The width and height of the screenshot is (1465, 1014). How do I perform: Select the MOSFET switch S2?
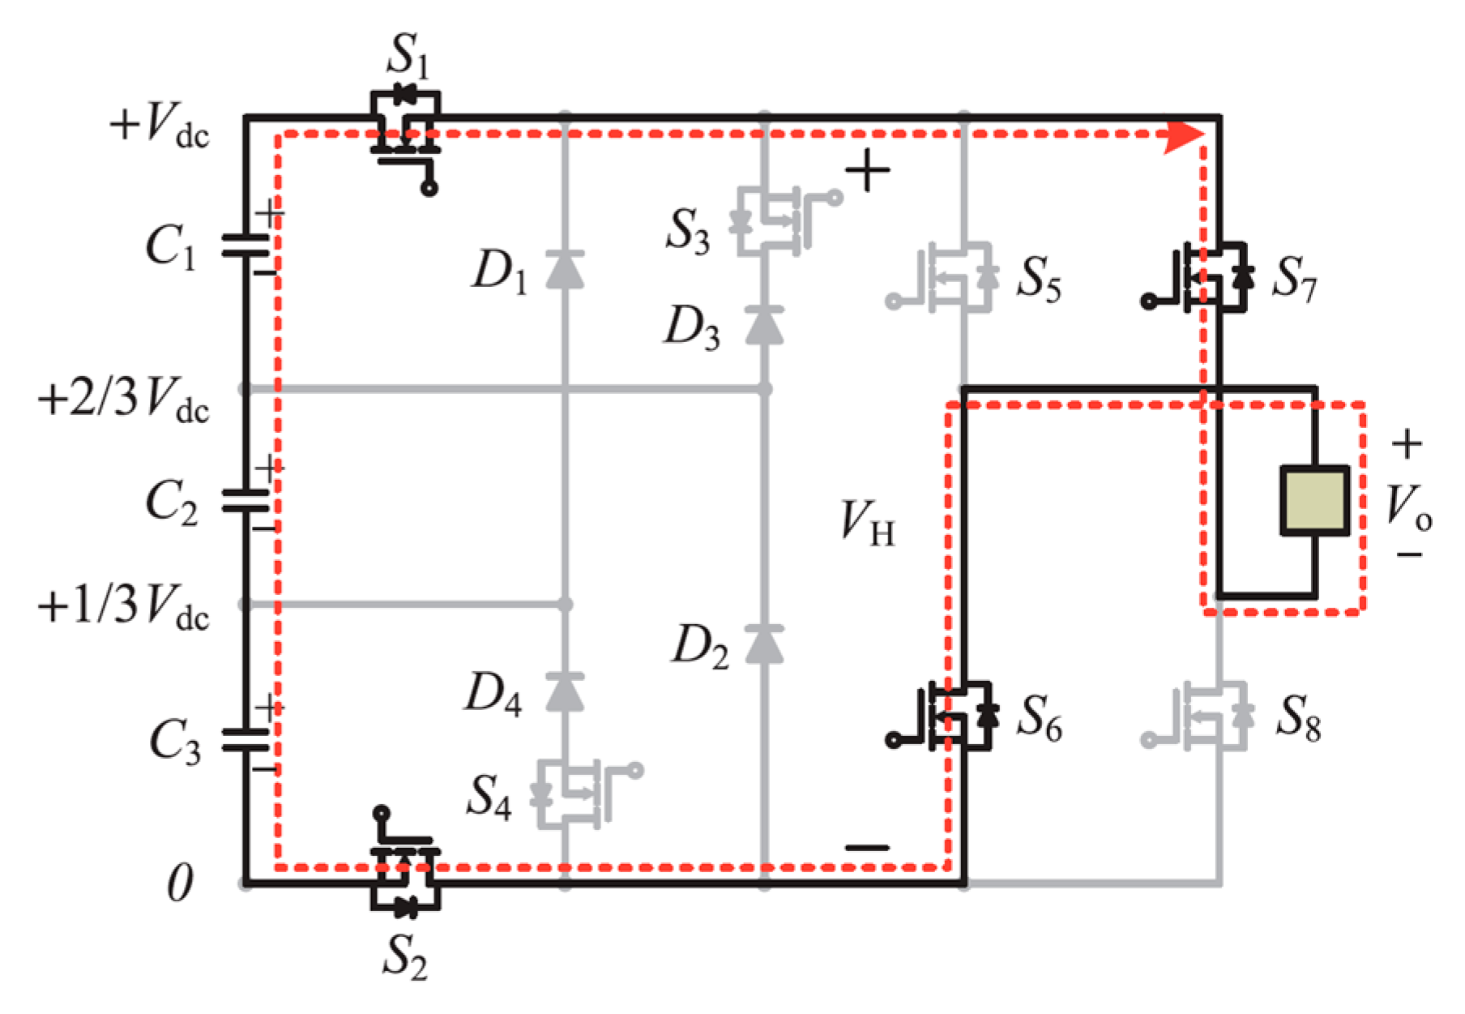pos(405,877)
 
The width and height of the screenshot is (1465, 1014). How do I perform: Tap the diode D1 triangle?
pos(565,269)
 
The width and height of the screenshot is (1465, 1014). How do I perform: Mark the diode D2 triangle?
pos(763,644)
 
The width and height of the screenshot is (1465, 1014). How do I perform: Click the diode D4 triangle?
pos(565,691)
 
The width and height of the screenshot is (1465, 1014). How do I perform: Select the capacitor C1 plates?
pos(246,246)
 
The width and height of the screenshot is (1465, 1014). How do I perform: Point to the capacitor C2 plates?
pos(246,500)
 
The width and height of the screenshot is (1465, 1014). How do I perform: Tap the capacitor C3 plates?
pos(246,739)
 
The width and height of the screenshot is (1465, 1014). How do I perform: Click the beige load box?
pos(1314,500)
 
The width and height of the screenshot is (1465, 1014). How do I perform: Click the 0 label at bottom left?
pos(180,884)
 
